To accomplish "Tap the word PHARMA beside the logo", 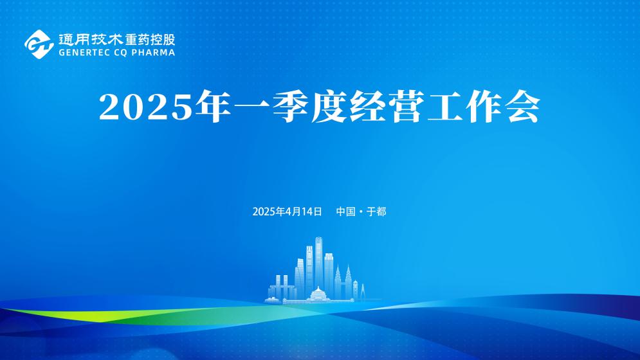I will coord(153,53).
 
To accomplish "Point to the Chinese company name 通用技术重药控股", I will coord(116,39).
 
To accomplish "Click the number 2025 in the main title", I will coord(145,108).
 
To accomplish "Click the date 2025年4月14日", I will coord(287,212).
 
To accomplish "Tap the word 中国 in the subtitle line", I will coord(345,212).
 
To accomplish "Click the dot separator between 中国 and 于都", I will coord(361,212).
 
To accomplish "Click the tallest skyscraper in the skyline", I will coord(318,264).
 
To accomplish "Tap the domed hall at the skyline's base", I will coord(317,294).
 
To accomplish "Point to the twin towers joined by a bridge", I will coord(282,288).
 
